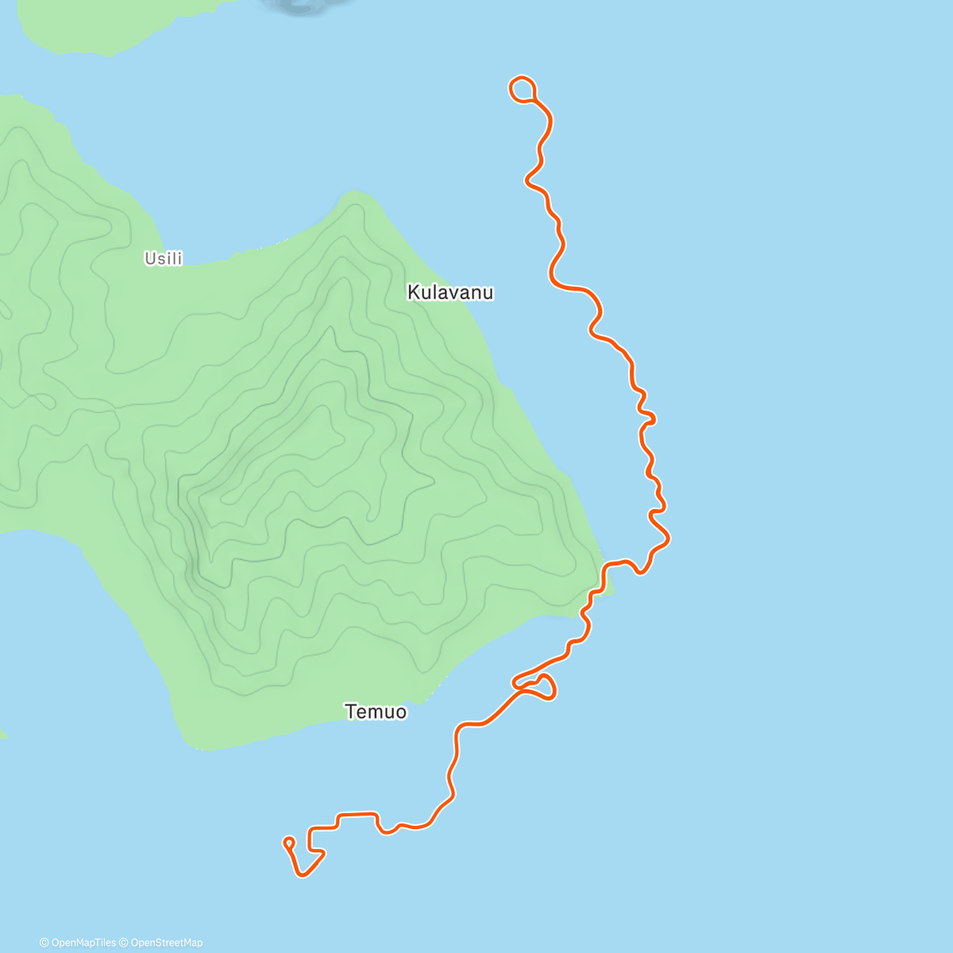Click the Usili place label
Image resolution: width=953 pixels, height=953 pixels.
[x=163, y=258]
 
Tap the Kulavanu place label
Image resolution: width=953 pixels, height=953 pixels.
[x=450, y=292]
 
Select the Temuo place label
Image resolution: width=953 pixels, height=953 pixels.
[x=376, y=712]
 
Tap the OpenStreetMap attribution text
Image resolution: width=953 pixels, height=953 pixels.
[x=165, y=943]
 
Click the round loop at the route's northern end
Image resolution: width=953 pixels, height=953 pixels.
[x=522, y=89]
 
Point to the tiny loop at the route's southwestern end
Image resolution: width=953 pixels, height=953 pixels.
[x=289, y=842]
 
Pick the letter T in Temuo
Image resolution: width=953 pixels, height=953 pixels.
[x=350, y=712]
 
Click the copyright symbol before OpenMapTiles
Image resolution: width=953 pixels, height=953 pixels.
[x=44, y=943]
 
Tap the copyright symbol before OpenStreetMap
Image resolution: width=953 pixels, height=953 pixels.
[x=123, y=943]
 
